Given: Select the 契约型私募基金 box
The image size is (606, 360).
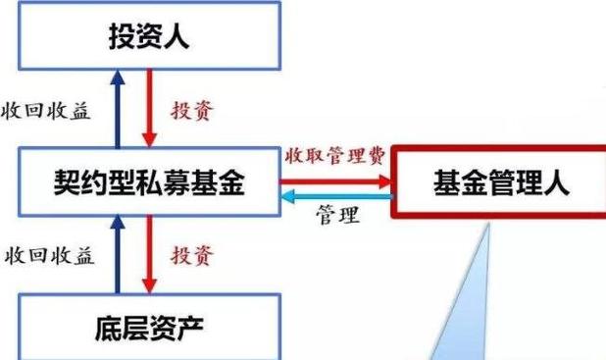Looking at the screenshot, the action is [147, 182].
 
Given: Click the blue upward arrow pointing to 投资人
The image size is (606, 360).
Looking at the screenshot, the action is [119, 107].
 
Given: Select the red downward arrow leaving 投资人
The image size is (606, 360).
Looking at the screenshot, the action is [148, 107].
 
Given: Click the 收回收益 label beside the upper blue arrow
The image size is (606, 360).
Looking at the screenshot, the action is [46, 110].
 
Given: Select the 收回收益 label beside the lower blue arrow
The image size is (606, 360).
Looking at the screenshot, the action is [48, 256].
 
